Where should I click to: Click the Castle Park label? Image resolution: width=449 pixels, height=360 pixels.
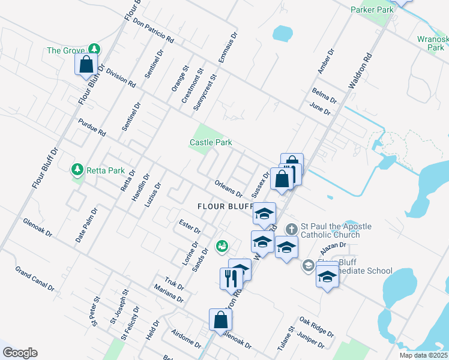pyautogui.click(x=211, y=143)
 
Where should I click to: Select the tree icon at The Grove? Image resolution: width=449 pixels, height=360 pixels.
pyautogui.click(x=93, y=50)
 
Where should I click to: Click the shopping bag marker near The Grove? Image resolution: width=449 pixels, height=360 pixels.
pyautogui.click(x=86, y=64)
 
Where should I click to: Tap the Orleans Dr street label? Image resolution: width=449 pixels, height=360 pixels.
pyautogui.click(x=228, y=190)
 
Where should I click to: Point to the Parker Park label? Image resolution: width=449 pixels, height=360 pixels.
pyautogui.click(x=372, y=10)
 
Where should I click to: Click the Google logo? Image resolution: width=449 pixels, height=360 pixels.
pyautogui.click(x=20, y=353)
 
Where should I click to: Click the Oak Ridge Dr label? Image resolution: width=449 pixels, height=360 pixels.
pyautogui.click(x=316, y=327)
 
